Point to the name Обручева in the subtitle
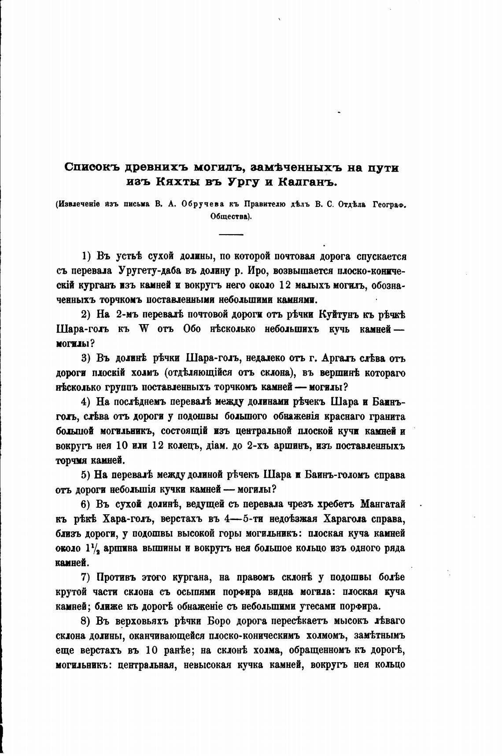[x=201, y=205]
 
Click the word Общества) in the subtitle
[x=231, y=217]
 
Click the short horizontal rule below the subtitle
[x=231, y=234]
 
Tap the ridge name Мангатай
[x=382, y=504]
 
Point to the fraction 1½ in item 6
[x=88, y=549]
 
